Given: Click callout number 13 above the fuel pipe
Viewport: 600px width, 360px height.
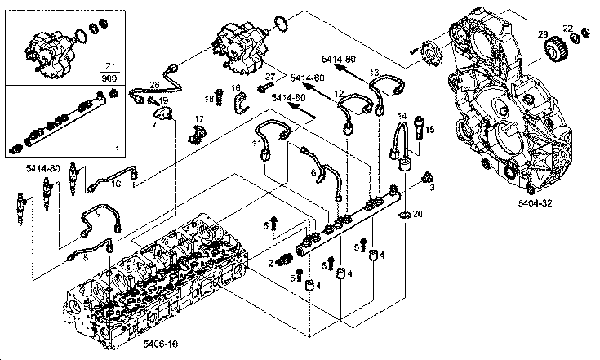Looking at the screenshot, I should (374, 73).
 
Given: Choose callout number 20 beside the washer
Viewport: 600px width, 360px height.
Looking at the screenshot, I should (418, 214).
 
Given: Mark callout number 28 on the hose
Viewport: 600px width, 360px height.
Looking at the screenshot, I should (154, 85).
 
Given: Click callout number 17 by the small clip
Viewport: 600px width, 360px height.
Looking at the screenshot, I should (198, 119).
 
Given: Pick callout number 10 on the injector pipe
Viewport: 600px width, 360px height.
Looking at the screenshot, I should (116, 184).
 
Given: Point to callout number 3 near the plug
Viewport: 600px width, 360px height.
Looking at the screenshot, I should (433, 187).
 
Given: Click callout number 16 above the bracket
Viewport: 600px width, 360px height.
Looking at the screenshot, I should (235, 87).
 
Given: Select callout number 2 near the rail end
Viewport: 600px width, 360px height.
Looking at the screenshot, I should (270, 262).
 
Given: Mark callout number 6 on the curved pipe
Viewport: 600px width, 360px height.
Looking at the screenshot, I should (313, 173).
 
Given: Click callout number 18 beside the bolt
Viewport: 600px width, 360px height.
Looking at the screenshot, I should (209, 99).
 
